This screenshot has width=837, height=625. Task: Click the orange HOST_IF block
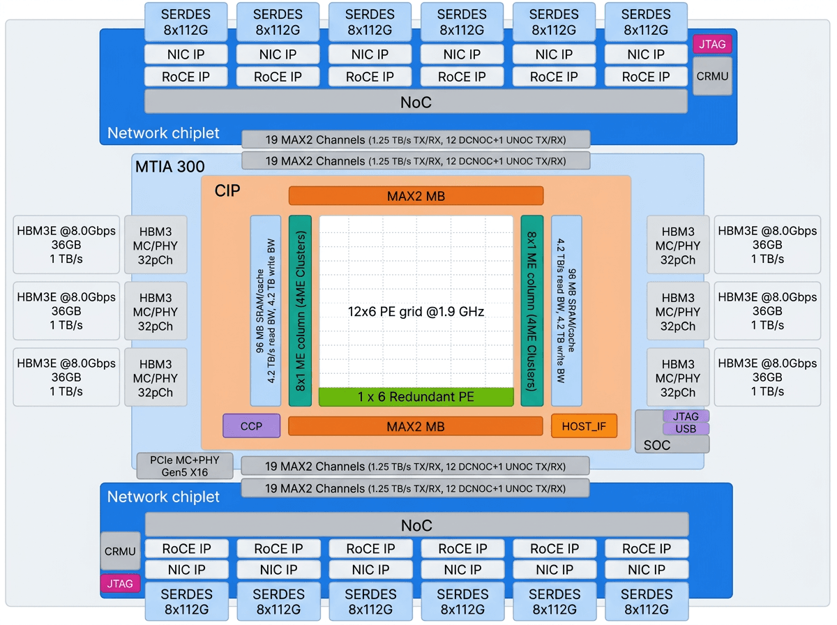pyautogui.click(x=584, y=426)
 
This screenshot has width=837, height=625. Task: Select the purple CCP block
pyautogui.click(x=251, y=426)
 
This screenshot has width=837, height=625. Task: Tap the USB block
pyautogui.click(x=686, y=428)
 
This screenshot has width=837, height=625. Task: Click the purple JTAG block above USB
pyautogui.click(x=686, y=416)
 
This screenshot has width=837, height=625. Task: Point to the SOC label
pyautogui.click(x=656, y=445)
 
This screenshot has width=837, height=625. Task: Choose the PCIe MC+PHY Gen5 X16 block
pyautogui.click(x=185, y=465)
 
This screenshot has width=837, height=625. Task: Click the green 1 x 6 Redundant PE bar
pyautogui.click(x=416, y=397)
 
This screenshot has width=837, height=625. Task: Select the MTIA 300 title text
pyautogui.click(x=170, y=167)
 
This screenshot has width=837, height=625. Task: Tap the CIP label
pyautogui.click(x=227, y=190)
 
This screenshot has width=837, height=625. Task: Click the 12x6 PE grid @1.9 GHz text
pyautogui.click(x=416, y=312)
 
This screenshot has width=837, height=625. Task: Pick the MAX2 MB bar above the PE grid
pyautogui.click(x=416, y=196)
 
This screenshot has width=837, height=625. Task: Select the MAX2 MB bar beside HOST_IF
pyautogui.click(x=416, y=426)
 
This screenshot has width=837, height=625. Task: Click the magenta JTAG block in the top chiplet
pyautogui.click(x=712, y=44)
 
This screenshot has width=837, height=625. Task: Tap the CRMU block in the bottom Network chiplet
pyautogui.click(x=120, y=551)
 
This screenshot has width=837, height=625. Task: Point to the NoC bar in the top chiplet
pyautogui.click(x=416, y=102)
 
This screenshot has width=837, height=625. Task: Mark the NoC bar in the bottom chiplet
pyautogui.click(x=417, y=525)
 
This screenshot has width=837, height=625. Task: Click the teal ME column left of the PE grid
pyautogui.click(x=300, y=311)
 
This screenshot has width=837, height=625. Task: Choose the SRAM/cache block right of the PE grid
pyautogui.click(x=566, y=311)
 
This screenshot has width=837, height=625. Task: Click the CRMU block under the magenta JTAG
pyautogui.click(x=712, y=76)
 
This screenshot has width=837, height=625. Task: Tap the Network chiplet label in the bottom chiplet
pyautogui.click(x=163, y=497)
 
